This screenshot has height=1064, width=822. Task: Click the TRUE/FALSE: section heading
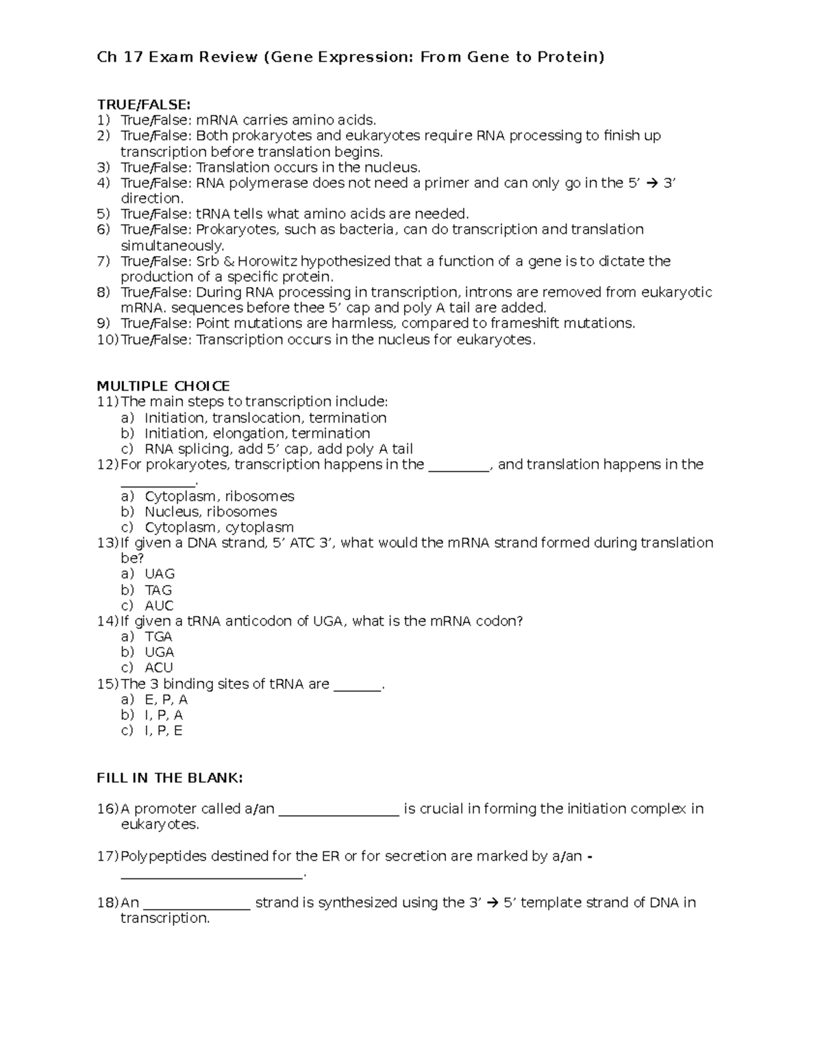pos(143,104)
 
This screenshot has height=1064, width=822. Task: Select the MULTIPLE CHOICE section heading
pos(163,386)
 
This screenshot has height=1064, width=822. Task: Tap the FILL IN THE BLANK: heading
pos(170,778)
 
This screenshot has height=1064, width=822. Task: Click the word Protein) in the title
pos(571,57)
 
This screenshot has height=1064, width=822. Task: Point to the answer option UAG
pos(160,574)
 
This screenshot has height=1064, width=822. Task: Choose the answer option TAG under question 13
pos(158,590)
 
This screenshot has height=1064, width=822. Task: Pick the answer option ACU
pos(159,667)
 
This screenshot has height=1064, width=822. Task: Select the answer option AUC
pos(159,606)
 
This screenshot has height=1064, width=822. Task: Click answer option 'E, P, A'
pos(166,700)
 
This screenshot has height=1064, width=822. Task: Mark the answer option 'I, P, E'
pos(164,730)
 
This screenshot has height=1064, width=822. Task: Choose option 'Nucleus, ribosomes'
pos(210,512)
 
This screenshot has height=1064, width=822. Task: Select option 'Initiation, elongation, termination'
pos(257,434)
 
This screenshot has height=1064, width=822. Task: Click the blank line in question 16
pos(339,813)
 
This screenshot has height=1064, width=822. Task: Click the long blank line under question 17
pos(211,876)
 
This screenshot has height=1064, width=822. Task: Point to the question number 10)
pos(107,340)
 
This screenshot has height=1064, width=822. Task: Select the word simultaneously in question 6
pos(172,245)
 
